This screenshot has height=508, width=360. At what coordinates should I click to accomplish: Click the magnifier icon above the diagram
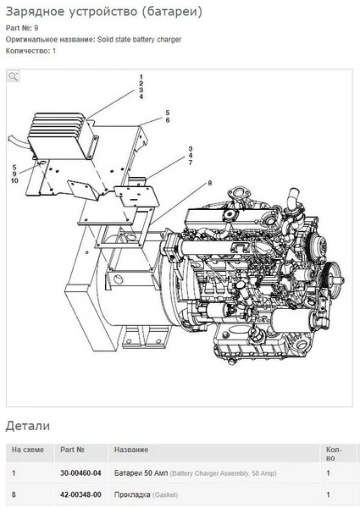pos(13,76)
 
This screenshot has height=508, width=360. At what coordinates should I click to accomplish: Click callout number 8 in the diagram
pos(210,183)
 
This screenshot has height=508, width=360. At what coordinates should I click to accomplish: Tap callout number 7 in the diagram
pos(191,163)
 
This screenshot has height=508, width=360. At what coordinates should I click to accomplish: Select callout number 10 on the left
pos(14,180)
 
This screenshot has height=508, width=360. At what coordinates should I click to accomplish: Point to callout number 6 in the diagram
pos(168,120)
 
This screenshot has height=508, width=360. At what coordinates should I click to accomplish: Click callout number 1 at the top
pos(141,77)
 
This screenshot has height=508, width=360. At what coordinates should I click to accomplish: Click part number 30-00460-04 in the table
pos(80,473)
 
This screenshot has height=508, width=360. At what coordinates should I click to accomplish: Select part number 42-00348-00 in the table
pos(80,494)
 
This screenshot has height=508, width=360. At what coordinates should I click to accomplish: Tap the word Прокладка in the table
pos(132,494)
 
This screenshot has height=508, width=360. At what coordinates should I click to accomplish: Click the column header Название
pos(131,450)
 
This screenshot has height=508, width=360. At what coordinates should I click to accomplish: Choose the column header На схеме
pos(28,450)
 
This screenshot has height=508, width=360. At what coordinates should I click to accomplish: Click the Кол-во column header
pos(334,454)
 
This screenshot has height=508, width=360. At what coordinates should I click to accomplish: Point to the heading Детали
pos(28,426)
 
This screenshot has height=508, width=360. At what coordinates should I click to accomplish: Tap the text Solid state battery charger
pos(139,40)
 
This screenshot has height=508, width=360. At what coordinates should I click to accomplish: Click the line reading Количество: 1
pos(30,51)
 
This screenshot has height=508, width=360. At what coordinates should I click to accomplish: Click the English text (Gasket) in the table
pos(165,495)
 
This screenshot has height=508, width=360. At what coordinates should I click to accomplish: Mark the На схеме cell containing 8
pos(14,494)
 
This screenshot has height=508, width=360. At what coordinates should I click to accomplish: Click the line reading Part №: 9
pos(22,28)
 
